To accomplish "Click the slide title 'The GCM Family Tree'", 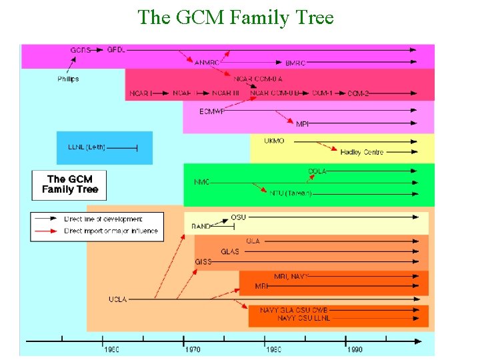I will pyautogui.click(x=235, y=17).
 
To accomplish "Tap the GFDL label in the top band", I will pyautogui.click(x=116, y=49).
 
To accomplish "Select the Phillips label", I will pyautogui.click(x=68, y=79).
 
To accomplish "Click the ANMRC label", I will pyautogui.click(x=206, y=63).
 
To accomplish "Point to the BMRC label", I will pyautogui.click(x=295, y=63).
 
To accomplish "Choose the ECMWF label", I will pyautogui.click(x=212, y=111).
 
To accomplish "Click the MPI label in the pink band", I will pyautogui.click(x=302, y=124).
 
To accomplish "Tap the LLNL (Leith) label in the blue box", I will pyautogui.click(x=87, y=147).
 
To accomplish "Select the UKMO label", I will pyautogui.click(x=274, y=141).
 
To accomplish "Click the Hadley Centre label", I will pyautogui.click(x=361, y=152).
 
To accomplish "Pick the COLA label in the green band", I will pyautogui.click(x=317, y=171).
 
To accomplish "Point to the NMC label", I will pyautogui.click(x=202, y=182).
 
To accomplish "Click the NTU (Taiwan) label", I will pyautogui.click(x=290, y=193).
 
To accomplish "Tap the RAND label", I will pyautogui.click(x=201, y=227).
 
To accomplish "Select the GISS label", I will pyautogui.click(x=203, y=262).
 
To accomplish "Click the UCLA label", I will pyautogui.click(x=117, y=299).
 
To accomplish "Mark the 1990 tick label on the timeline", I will pyautogui.click(x=354, y=349).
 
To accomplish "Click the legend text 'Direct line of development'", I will pyautogui.click(x=103, y=219).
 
